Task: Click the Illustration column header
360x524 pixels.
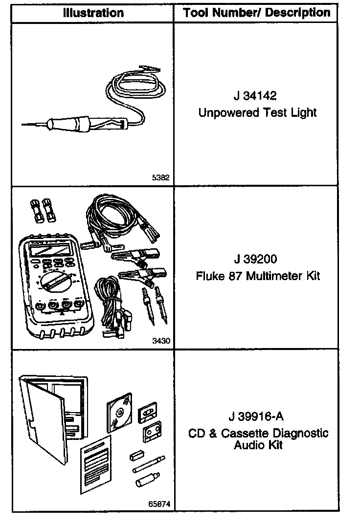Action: coord(93,13)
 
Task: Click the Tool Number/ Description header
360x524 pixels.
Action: coord(257,13)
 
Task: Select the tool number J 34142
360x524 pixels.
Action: coord(257,95)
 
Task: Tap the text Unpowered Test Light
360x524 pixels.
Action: coord(257,113)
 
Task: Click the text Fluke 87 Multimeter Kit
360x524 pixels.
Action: coord(258,276)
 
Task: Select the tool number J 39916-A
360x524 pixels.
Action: coord(256,416)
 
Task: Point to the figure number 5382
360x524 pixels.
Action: coord(161,178)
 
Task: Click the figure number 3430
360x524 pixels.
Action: coord(161,341)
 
